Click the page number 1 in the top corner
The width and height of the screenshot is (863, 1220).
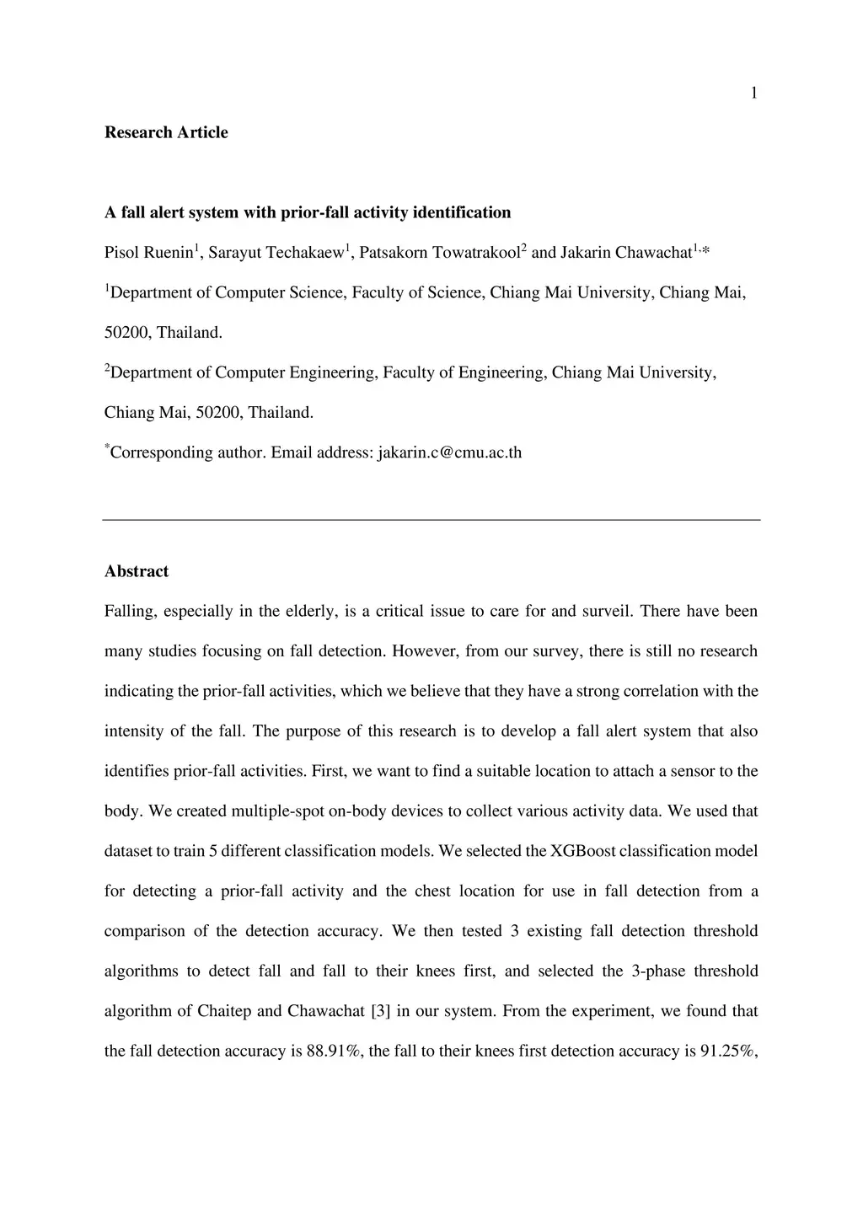tap(753, 94)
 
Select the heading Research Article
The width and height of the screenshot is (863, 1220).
tap(166, 132)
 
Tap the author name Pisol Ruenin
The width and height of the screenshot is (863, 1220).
tap(148, 253)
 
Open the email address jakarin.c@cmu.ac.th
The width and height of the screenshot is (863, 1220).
tap(449, 453)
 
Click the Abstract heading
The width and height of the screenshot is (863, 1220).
tap(137, 571)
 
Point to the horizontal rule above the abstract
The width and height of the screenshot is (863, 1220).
tap(431, 520)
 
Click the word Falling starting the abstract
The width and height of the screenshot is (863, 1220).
tap(130, 612)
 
